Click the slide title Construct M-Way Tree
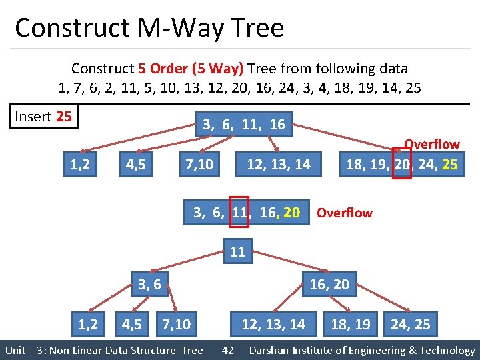(x=149, y=28)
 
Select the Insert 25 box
(x=43, y=117)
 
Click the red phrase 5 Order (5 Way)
(x=191, y=69)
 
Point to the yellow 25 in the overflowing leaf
(x=449, y=164)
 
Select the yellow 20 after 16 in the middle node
(x=291, y=213)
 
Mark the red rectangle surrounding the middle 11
(x=239, y=212)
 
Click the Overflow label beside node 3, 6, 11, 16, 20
(x=344, y=213)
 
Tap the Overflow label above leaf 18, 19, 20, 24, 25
(x=432, y=144)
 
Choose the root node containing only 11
(x=238, y=252)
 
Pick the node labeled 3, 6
(x=149, y=285)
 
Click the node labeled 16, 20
(x=329, y=285)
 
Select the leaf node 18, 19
(x=351, y=325)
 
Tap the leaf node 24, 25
(x=410, y=325)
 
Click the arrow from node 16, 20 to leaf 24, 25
(x=378, y=304)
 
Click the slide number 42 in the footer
(x=227, y=350)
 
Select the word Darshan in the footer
(x=272, y=350)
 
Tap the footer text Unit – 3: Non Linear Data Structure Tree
(x=104, y=350)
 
